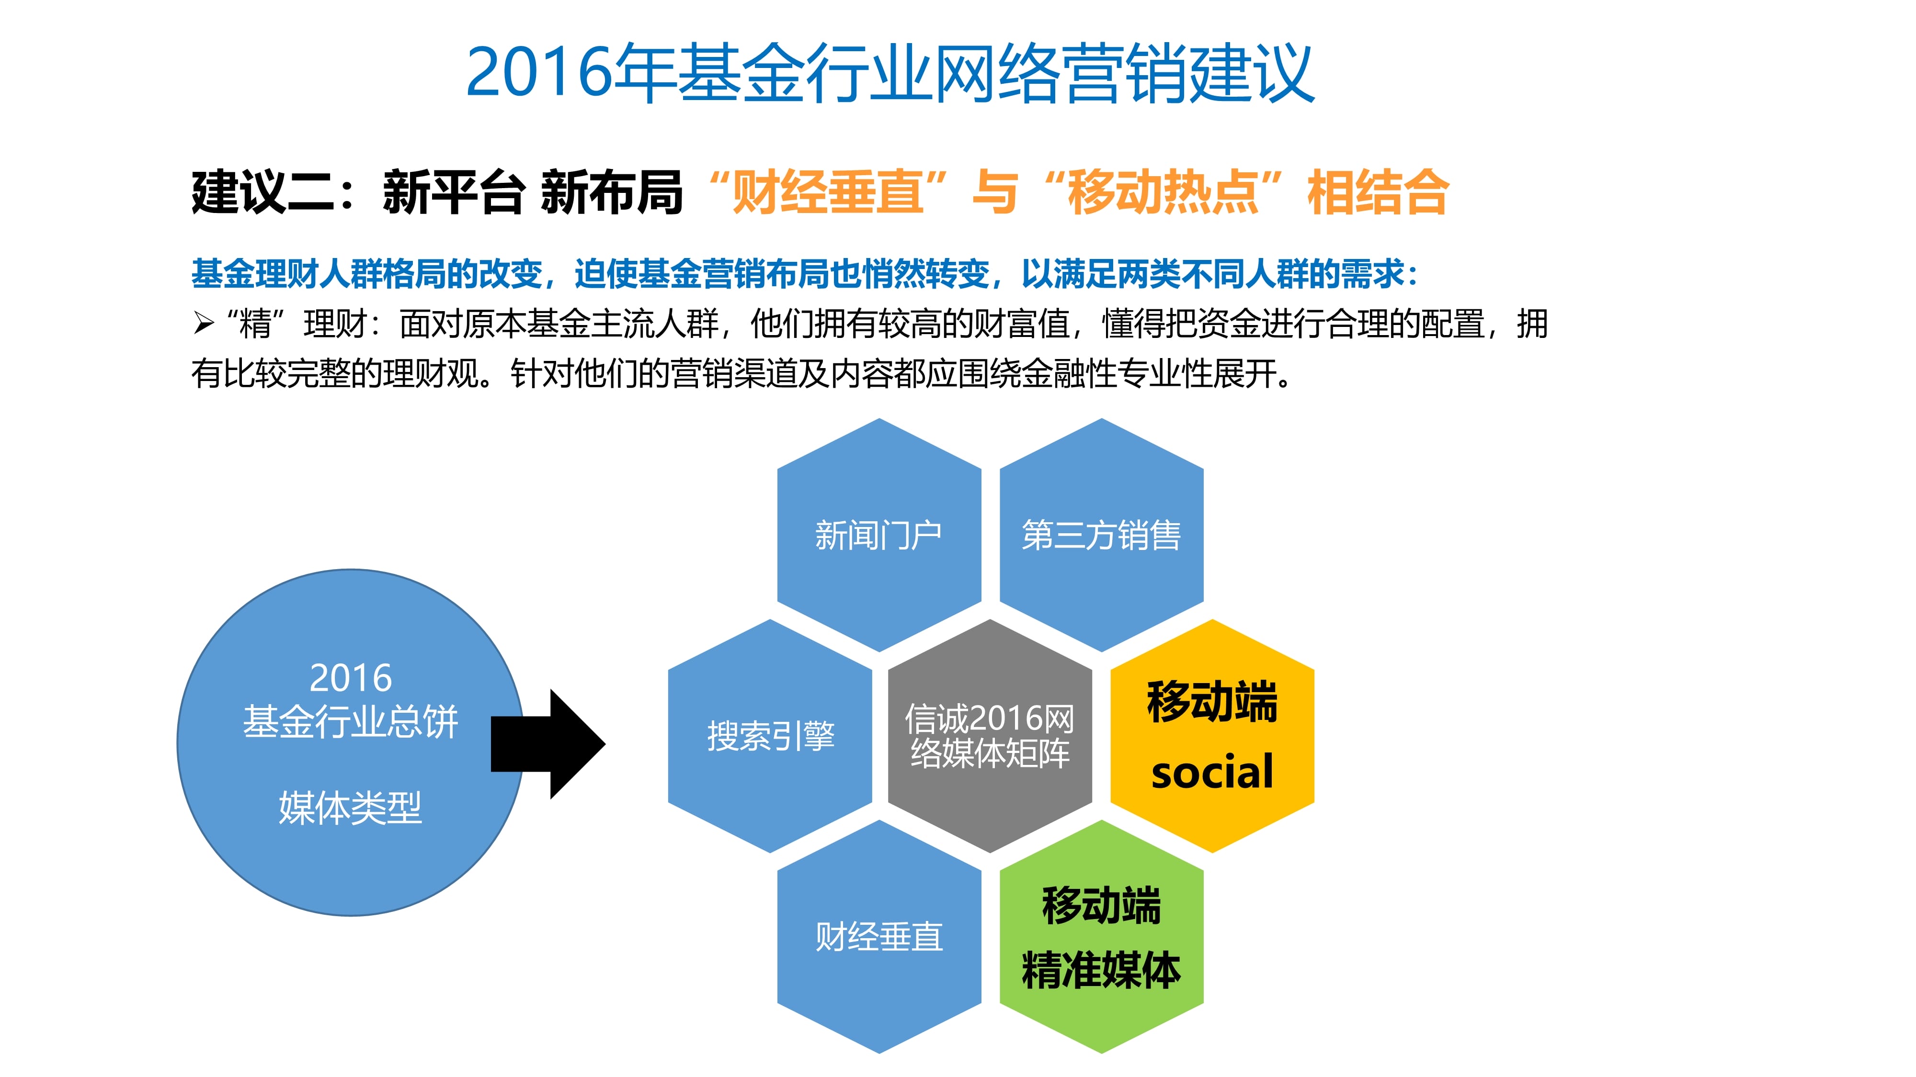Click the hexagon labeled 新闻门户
879,535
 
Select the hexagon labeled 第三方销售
1102,535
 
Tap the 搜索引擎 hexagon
770,736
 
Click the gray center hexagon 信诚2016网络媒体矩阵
990,736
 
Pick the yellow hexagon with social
1212,736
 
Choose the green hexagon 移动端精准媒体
1102,937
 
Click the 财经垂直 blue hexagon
879,937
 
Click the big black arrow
548,744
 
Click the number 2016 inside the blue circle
350,678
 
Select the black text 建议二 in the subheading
263,192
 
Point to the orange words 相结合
1378,192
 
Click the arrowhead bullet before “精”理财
204,323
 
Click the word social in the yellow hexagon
1212,772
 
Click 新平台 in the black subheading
454,192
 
